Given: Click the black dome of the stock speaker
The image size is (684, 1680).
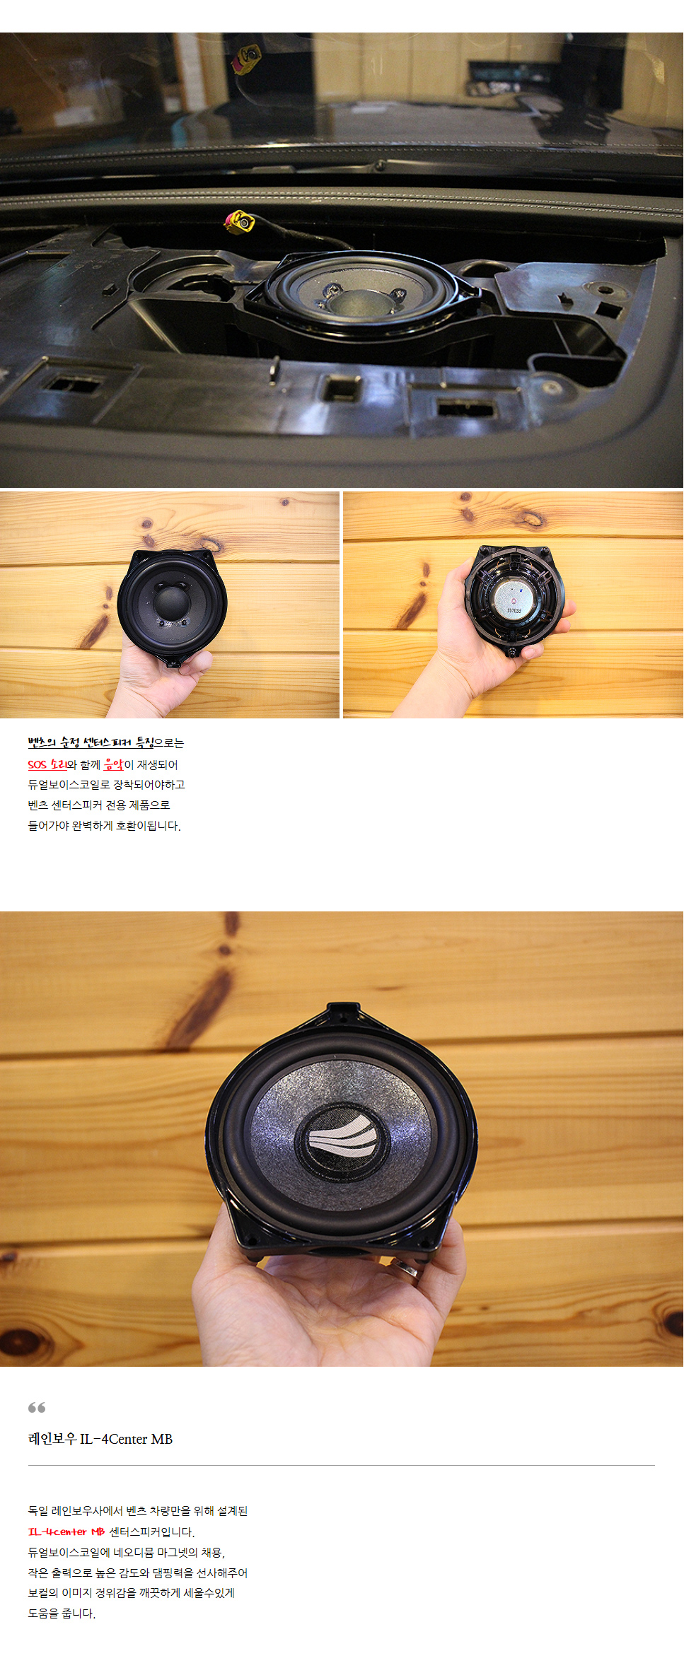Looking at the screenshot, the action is click(172, 600).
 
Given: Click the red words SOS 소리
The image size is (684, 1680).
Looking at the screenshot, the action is click(47, 764).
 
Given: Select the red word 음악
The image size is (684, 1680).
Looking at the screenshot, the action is click(113, 764).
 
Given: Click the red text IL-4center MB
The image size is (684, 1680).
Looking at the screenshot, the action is click(66, 1532).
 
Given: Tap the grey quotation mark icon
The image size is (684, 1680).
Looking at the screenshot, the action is click(37, 1408).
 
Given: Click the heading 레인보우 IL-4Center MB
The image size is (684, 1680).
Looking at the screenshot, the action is click(100, 1439).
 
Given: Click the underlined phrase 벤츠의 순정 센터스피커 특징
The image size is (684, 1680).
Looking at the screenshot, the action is click(91, 742).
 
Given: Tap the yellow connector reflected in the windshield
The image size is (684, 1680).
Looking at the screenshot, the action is click(248, 59).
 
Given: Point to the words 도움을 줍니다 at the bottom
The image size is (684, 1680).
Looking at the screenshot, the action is click(62, 1614).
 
